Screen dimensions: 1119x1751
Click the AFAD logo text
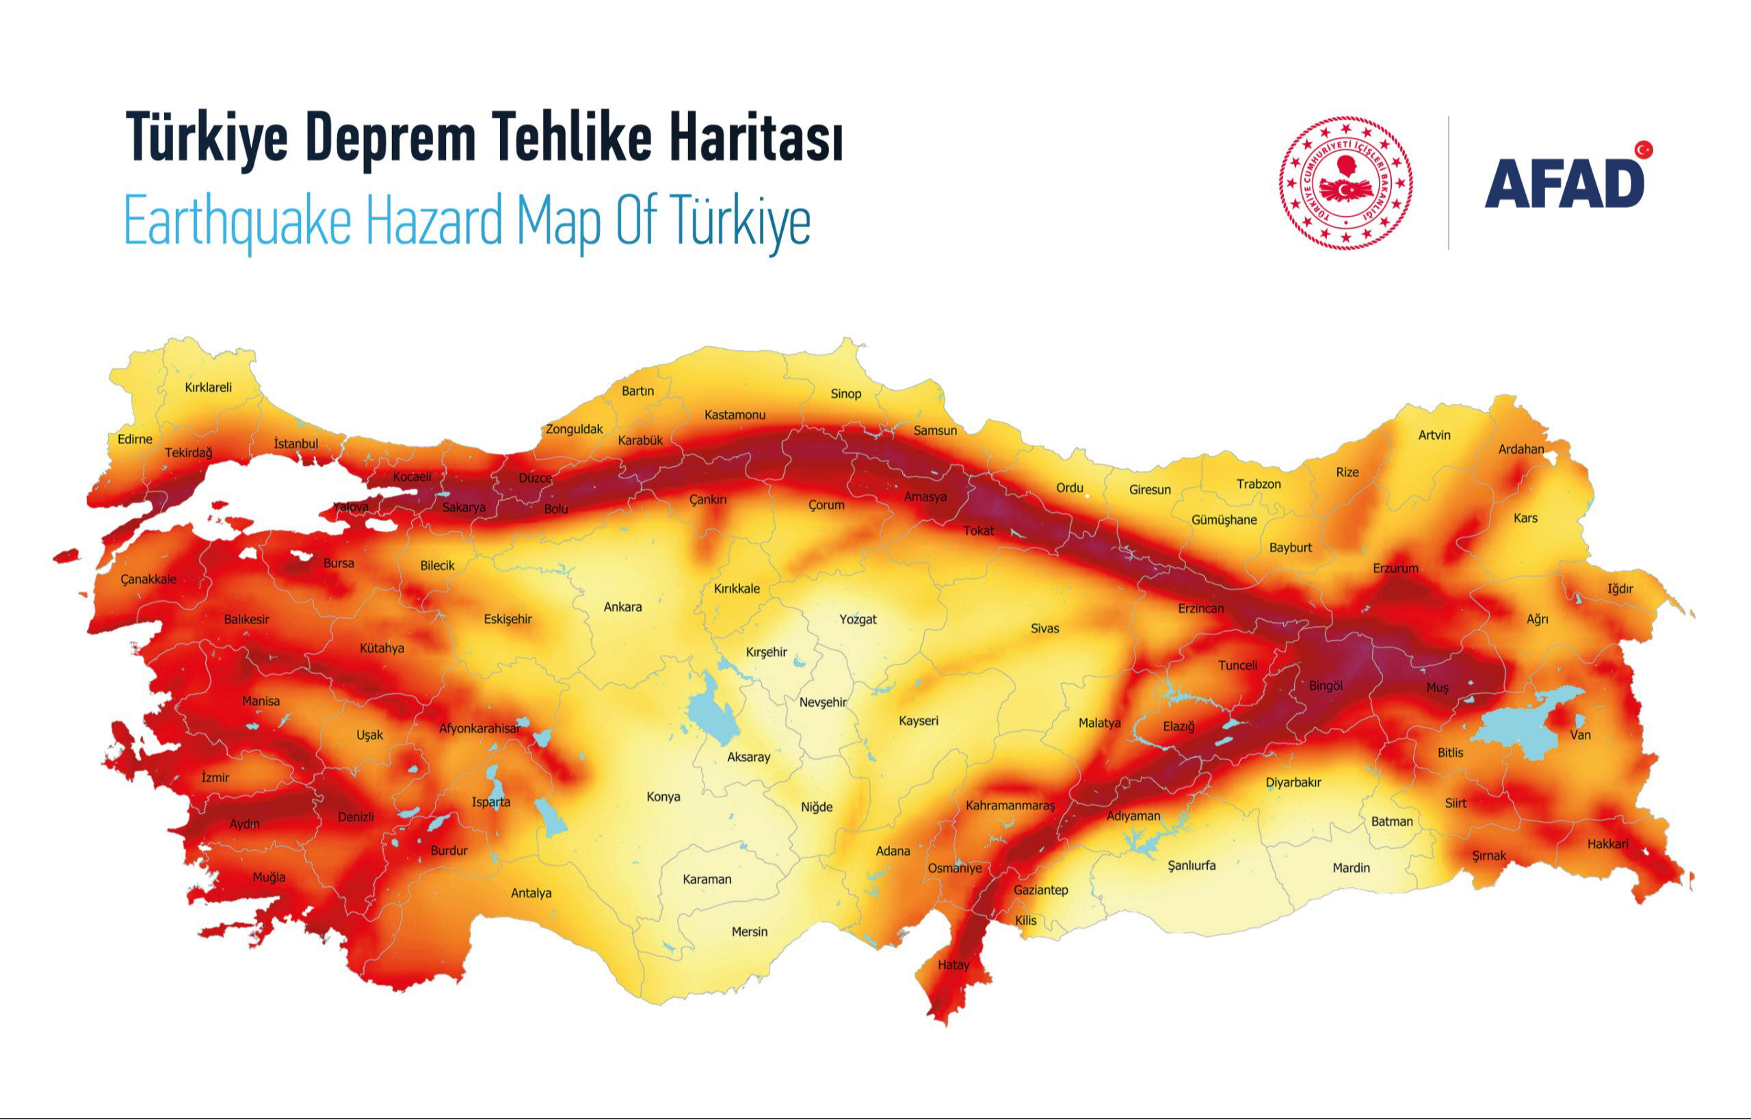click(1564, 184)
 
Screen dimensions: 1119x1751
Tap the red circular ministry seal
click(1345, 183)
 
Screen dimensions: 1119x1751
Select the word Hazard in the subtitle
click(434, 221)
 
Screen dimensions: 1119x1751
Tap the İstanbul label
click(296, 443)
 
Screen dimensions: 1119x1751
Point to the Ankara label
click(622, 607)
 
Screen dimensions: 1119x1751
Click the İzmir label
click(215, 777)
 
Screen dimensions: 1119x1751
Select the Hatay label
click(953, 965)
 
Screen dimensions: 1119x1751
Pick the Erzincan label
click(1200, 608)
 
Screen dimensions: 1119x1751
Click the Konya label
click(663, 797)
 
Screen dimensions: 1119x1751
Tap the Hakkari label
click(1608, 844)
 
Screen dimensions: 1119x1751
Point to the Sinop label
click(845, 394)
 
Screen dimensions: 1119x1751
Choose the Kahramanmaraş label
click(1010, 806)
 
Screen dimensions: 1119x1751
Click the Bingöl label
click(1325, 685)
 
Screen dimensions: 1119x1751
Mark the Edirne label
click(135, 439)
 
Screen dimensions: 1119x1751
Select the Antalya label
click(531, 892)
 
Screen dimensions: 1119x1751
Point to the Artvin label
click(1434, 435)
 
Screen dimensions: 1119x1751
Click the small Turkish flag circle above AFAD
click(1644, 150)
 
